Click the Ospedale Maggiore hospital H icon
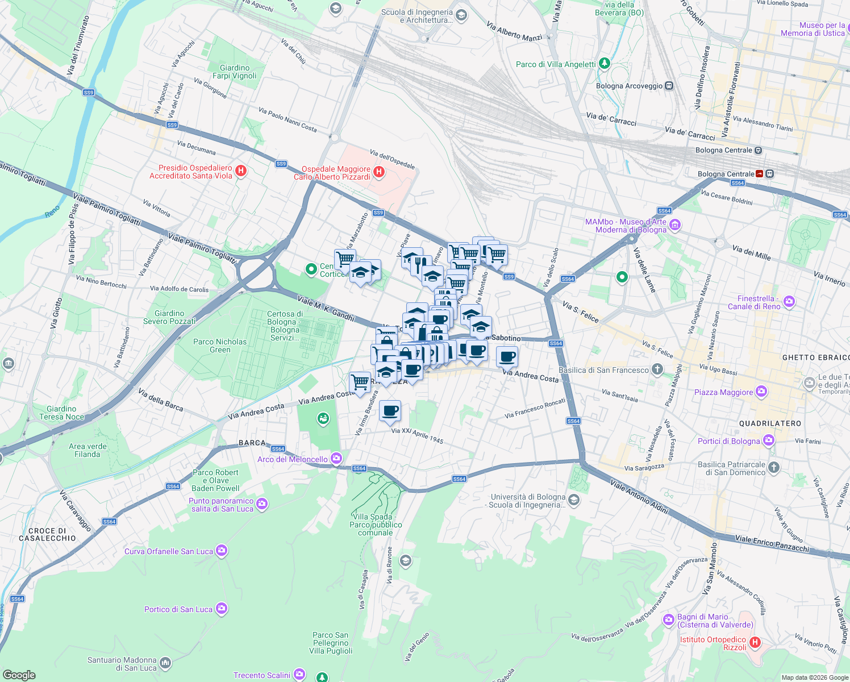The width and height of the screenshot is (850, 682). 379,171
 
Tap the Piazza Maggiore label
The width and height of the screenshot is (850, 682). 723,392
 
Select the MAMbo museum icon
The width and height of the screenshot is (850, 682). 674,226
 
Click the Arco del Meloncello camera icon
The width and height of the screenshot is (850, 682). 337,458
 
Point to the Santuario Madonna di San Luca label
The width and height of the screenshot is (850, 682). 122,664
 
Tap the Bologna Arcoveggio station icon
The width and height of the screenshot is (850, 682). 669,86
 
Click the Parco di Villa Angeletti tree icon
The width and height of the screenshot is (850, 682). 605,64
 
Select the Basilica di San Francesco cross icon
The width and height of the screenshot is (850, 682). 657,370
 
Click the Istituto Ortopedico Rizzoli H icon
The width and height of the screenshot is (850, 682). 755,642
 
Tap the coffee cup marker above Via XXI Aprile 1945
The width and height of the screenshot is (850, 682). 390,410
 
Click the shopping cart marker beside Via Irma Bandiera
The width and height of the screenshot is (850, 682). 360,382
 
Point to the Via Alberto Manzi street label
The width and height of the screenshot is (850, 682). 514,32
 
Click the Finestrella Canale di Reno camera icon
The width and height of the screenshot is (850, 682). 789,302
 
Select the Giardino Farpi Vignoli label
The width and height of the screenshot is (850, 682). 234,72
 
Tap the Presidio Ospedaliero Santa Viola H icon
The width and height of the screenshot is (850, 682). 241,170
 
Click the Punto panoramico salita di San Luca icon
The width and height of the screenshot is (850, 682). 261,504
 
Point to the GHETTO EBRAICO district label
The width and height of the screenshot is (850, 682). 815,357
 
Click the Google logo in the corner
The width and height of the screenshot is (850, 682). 19,675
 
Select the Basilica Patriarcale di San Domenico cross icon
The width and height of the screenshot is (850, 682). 773,468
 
